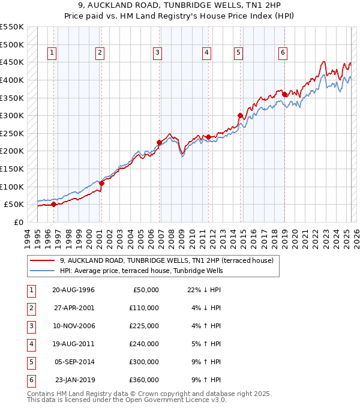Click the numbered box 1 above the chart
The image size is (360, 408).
click(52, 53)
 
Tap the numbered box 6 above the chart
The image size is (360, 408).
click(283, 53)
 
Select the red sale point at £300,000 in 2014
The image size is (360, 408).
click(240, 115)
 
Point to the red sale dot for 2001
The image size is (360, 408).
click(102, 183)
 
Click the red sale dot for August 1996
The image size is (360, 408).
click(54, 204)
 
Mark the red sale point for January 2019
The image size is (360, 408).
click(284, 94)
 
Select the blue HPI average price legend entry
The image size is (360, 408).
click(141, 271)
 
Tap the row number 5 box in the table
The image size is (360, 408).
click(29, 362)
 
